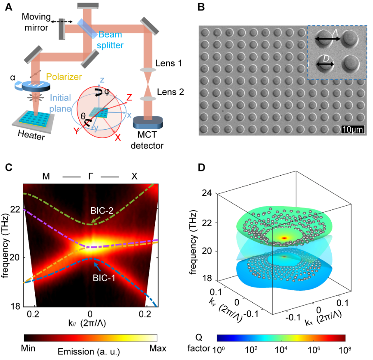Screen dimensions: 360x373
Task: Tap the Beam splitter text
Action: tap(111, 40)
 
